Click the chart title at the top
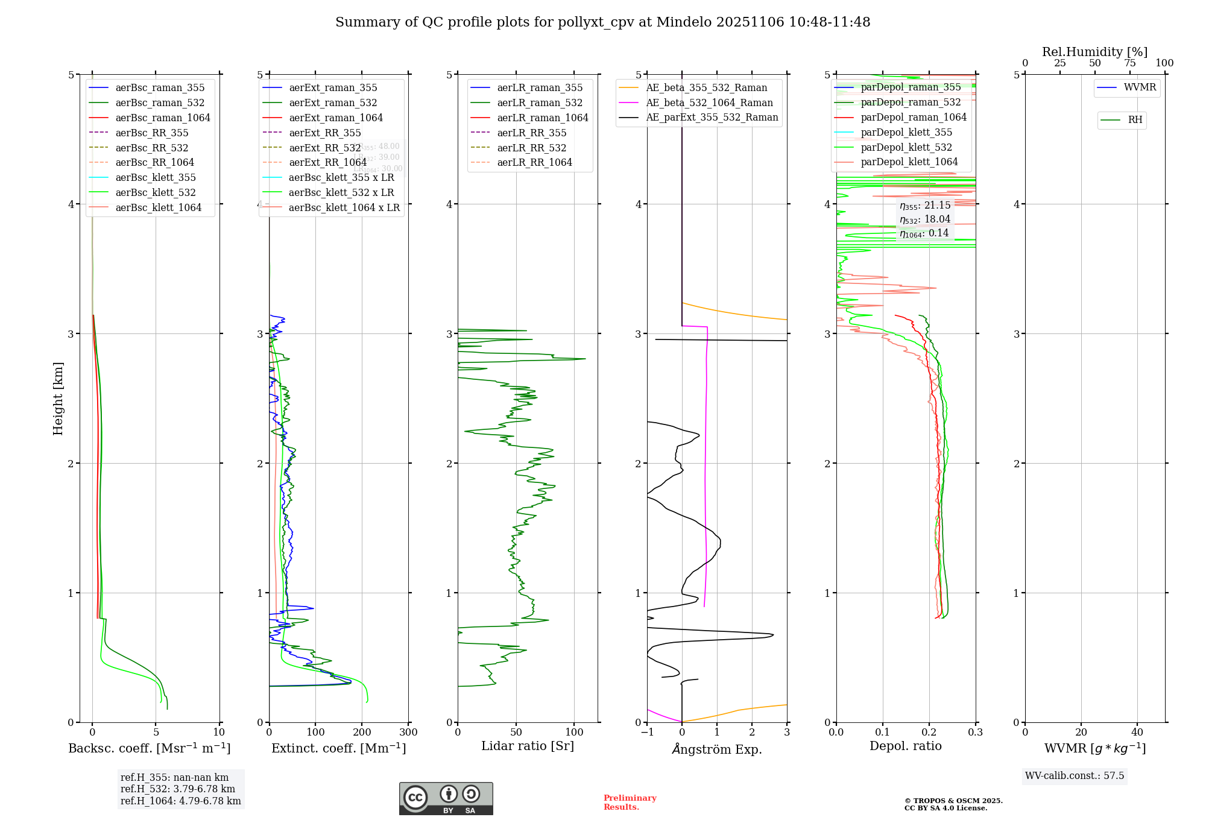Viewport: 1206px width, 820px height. (602, 22)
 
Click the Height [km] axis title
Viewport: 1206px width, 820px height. (58, 399)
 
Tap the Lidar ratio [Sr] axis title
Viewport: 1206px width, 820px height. (528, 746)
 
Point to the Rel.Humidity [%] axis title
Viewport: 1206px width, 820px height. (1094, 52)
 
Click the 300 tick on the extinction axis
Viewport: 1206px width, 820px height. (409, 733)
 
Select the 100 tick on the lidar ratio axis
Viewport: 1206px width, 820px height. (575, 733)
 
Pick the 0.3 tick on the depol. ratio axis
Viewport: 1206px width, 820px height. (976, 733)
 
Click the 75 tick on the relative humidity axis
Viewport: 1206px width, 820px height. (1130, 63)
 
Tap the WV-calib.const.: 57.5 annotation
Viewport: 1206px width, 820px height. (1075, 775)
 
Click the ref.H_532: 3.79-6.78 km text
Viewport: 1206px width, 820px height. (178, 789)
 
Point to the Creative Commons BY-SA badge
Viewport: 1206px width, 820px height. (446, 799)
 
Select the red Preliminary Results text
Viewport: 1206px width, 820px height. (630, 803)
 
